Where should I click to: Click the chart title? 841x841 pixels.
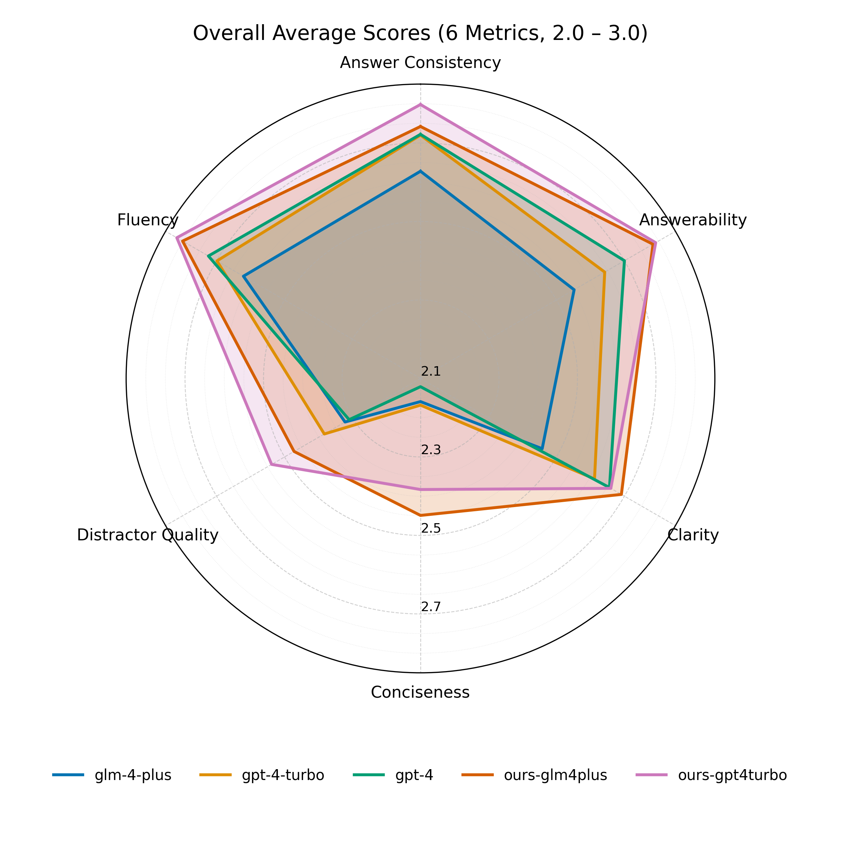420,34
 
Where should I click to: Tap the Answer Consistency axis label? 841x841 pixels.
420,63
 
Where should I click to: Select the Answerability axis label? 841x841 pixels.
692,220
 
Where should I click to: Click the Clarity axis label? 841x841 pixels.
692,535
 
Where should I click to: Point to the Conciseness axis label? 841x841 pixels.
420,692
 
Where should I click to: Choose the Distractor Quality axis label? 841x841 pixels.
148,535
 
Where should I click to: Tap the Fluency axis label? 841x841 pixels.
148,220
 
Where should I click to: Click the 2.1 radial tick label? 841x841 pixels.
431,371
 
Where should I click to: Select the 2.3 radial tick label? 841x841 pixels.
431,450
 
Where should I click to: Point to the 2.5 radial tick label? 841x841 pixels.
431,528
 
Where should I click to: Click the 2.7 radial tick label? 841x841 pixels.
431,607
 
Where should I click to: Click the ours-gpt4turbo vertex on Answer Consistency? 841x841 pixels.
420,104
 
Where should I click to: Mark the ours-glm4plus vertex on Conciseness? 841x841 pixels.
420,515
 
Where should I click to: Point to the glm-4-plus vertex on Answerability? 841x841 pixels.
574,289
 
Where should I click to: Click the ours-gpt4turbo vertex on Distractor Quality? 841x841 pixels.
271,464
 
